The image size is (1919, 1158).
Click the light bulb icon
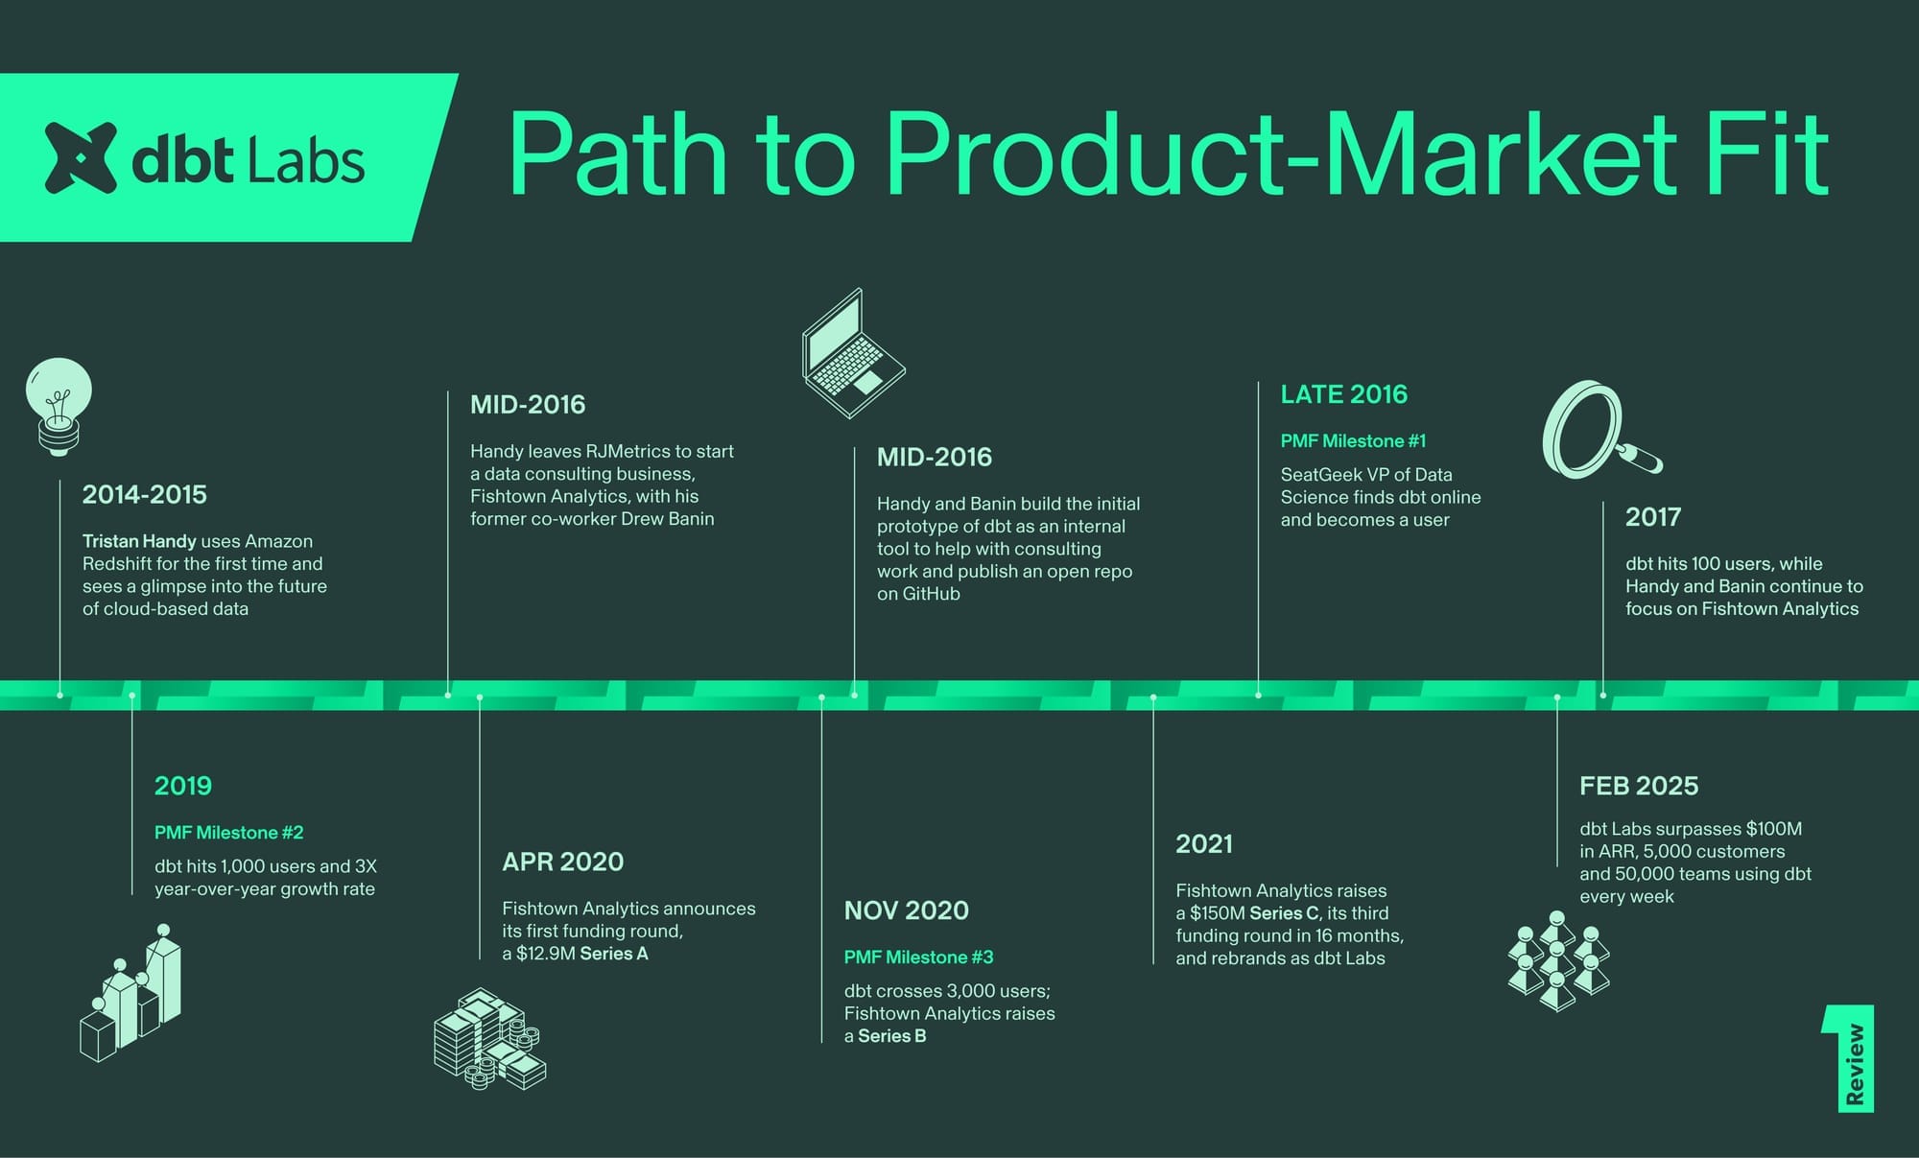59,406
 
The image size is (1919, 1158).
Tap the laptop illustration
853,353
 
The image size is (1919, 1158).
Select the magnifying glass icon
1600,430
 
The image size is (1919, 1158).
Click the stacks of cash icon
489,1039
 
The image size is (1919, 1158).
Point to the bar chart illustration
130,992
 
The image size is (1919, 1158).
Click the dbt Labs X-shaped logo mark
81,157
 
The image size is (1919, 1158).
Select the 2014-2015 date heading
145,494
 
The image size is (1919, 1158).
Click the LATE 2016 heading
1343,394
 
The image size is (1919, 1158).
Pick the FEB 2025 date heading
1639,786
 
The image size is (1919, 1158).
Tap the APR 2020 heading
562,862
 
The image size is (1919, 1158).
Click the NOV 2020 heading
906,910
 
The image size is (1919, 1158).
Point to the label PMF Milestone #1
1353,441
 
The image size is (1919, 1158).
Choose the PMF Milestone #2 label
228,833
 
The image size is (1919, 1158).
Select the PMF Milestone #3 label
918,957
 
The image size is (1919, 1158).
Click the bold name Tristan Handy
139,541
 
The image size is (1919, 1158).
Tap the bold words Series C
1285,913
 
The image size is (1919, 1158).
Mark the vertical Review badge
1849,1059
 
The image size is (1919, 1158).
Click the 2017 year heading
1652,517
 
